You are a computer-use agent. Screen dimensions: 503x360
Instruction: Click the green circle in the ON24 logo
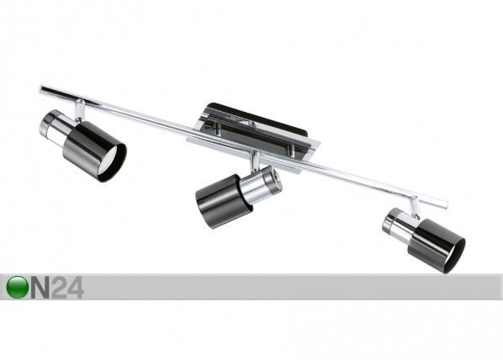click(17, 287)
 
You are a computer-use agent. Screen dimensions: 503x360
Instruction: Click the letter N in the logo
click(40, 288)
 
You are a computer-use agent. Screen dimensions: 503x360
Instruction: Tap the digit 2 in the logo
click(59, 288)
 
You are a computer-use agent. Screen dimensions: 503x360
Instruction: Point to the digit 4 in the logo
click(76, 288)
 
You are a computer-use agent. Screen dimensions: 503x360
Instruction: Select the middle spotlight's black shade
click(220, 200)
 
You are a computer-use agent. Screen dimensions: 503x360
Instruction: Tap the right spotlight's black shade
click(437, 246)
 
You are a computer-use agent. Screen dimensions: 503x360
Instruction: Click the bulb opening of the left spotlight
click(112, 163)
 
